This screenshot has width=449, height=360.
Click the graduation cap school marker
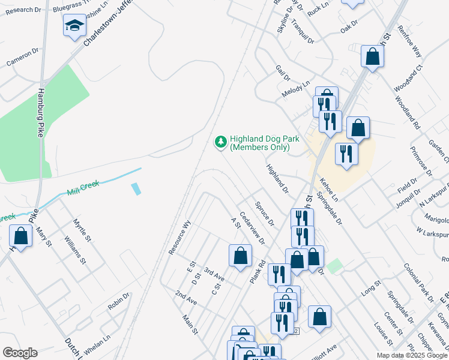point(74,26)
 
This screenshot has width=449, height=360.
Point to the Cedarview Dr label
point(252,227)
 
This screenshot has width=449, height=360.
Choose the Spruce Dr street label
point(264,214)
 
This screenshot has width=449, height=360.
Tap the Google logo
point(20,353)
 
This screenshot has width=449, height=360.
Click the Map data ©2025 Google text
point(412,355)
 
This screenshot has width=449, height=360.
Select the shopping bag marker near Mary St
point(21,236)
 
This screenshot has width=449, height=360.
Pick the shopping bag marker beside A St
point(240,256)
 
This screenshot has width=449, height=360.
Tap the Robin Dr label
point(118,301)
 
